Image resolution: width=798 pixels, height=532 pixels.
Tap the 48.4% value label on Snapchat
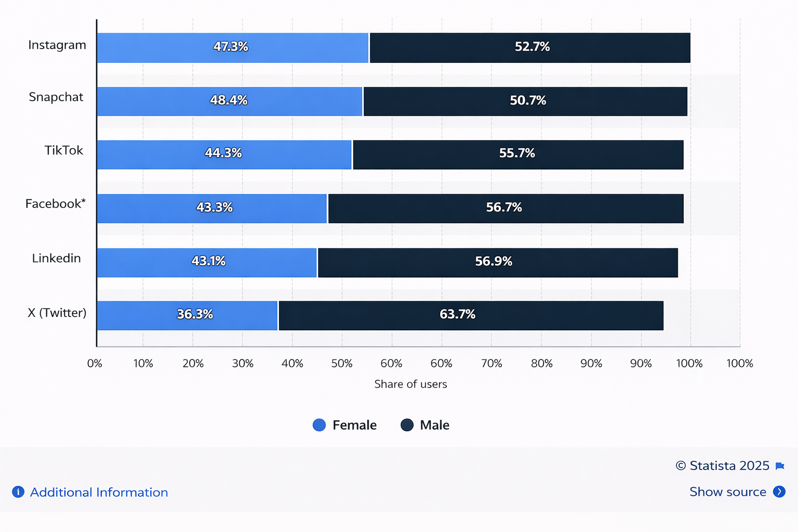pyautogui.click(x=229, y=100)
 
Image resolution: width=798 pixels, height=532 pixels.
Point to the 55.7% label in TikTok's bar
pyautogui.click(x=517, y=153)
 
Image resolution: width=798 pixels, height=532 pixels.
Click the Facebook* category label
pyautogui.click(x=55, y=204)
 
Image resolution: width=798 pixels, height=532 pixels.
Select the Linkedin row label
pyautogui.click(x=56, y=258)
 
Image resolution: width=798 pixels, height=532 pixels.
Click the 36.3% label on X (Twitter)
pyautogui.click(x=195, y=314)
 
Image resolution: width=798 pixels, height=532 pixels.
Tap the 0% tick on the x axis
pyautogui.click(x=95, y=364)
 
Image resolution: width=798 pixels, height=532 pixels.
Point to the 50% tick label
pyautogui.click(x=342, y=364)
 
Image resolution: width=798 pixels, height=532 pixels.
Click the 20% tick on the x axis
pyautogui.click(x=193, y=364)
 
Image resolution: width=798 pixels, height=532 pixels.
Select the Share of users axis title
pyautogui.click(x=410, y=384)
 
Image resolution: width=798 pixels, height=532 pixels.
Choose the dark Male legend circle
pyautogui.click(x=407, y=425)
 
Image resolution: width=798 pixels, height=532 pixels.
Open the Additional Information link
pyautogui.click(x=99, y=492)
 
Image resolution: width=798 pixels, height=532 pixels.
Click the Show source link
pyautogui.click(x=727, y=491)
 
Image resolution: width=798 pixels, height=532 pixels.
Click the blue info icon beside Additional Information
pyautogui.click(x=18, y=492)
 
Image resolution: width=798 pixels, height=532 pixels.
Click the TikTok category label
pyautogui.click(x=63, y=150)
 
